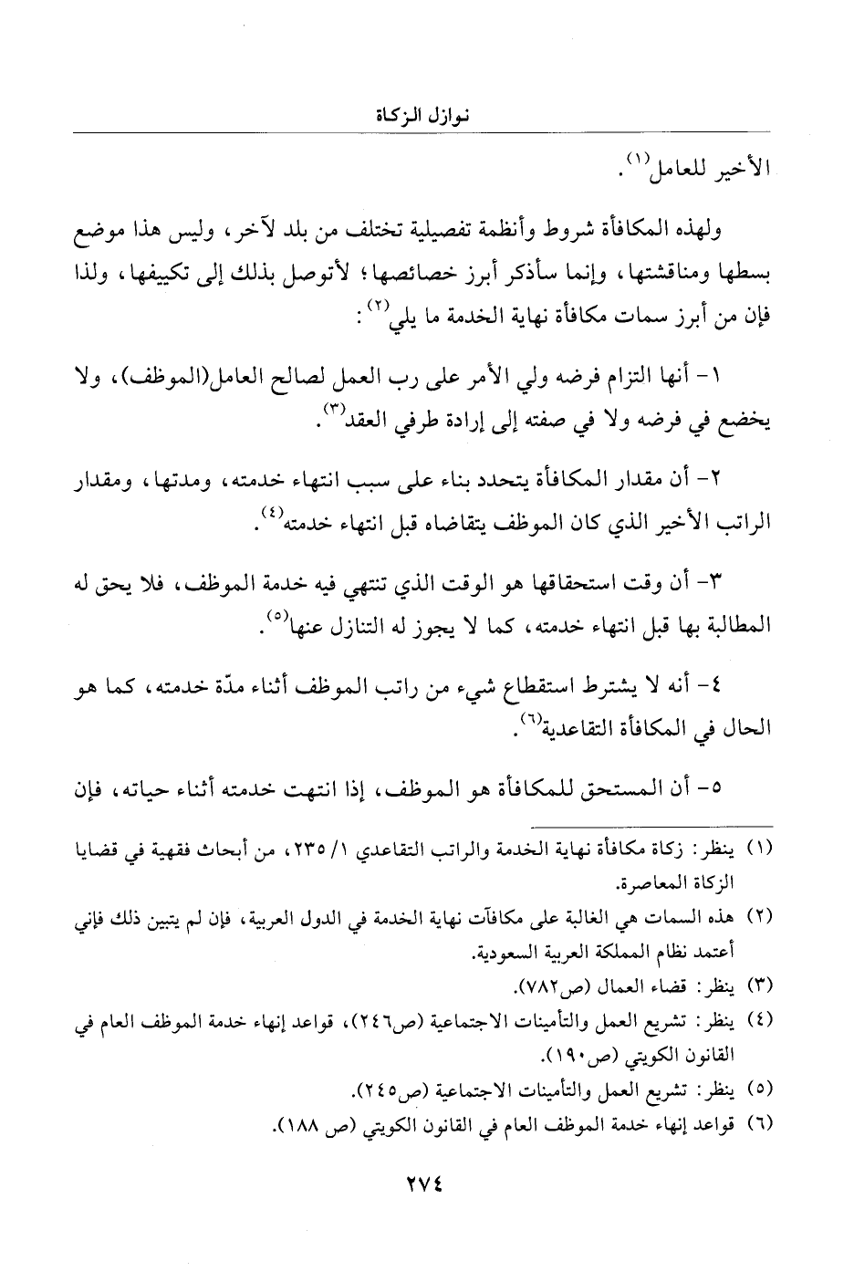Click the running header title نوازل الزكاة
(x=426, y=117)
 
